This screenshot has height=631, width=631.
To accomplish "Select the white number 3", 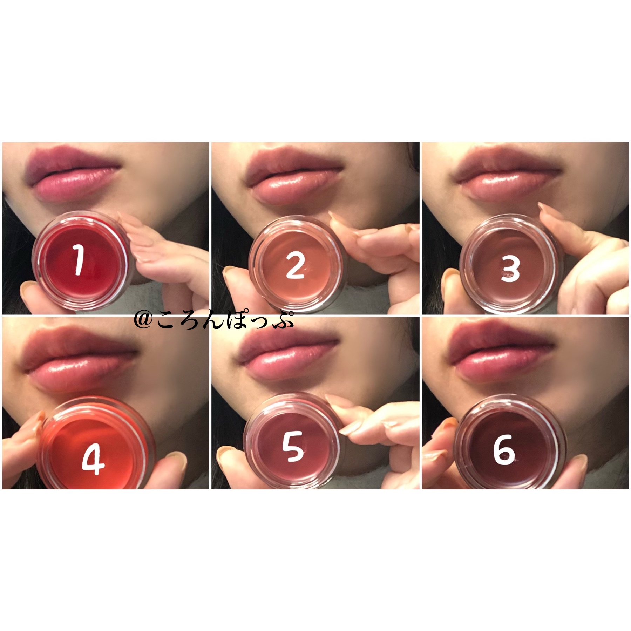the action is (510, 270).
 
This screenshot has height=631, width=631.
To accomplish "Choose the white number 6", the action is (504, 452).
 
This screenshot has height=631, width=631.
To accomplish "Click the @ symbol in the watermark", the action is (142, 321).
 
